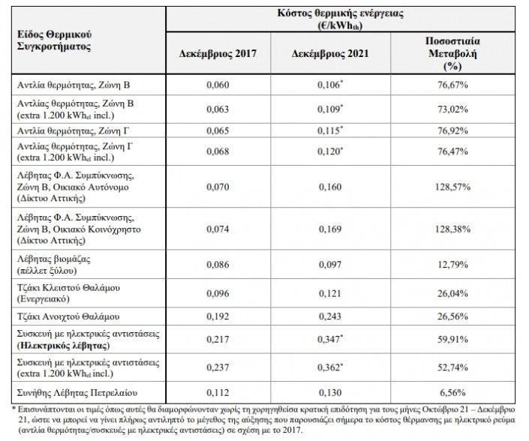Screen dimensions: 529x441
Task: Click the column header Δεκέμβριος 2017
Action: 218,53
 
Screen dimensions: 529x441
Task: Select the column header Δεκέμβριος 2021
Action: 330,53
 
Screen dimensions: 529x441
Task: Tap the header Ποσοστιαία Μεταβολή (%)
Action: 452,53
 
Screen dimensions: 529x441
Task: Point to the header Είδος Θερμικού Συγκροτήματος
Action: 54,40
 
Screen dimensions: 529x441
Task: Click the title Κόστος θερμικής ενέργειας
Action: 341,13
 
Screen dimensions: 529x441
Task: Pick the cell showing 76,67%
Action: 452,85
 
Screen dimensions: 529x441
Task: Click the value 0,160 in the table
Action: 330,187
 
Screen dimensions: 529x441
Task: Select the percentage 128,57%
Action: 452,187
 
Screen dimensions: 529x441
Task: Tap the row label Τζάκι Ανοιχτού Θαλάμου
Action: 68,316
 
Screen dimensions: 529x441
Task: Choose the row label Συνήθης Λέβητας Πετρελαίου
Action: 77,393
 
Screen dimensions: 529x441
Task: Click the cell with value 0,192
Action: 218,316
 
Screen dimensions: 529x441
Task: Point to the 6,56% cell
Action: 452,393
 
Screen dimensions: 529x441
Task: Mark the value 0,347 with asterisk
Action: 330,339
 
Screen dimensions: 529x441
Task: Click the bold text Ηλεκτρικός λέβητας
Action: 64,346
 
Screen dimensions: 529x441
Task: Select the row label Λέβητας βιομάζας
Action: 54,259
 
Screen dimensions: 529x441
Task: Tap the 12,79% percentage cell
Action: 452,265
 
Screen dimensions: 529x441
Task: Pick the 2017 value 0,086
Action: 218,265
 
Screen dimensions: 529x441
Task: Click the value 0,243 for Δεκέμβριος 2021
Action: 330,316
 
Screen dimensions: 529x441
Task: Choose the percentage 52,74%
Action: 452,367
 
